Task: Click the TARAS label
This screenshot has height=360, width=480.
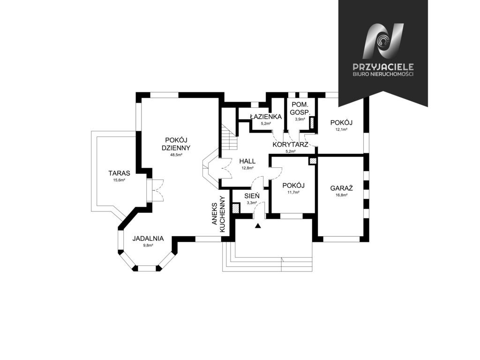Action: click(x=119, y=173)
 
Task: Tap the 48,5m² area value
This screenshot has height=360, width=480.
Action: click(x=176, y=155)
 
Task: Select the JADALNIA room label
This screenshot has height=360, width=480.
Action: click(x=148, y=239)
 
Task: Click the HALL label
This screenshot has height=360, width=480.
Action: click(x=247, y=161)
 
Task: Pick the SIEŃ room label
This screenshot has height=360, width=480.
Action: click(x=252, y=195)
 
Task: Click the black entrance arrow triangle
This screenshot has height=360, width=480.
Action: click(x=258, y=226)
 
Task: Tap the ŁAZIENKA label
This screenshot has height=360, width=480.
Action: click(x=266, y=117)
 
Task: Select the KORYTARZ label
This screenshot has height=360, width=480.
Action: click(x=290, y=144)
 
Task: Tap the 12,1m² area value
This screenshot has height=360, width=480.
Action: click(x=341, y=129)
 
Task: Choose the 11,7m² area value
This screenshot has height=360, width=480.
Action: click(x=293, y=192)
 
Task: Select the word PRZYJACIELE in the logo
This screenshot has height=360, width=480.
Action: click(x=383, y=67)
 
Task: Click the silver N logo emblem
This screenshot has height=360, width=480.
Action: click(x=383, y=41)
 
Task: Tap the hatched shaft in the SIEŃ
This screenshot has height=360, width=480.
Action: click(x=236, y=209)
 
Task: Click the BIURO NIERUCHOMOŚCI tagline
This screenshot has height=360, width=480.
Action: click(x=383, y=75)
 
